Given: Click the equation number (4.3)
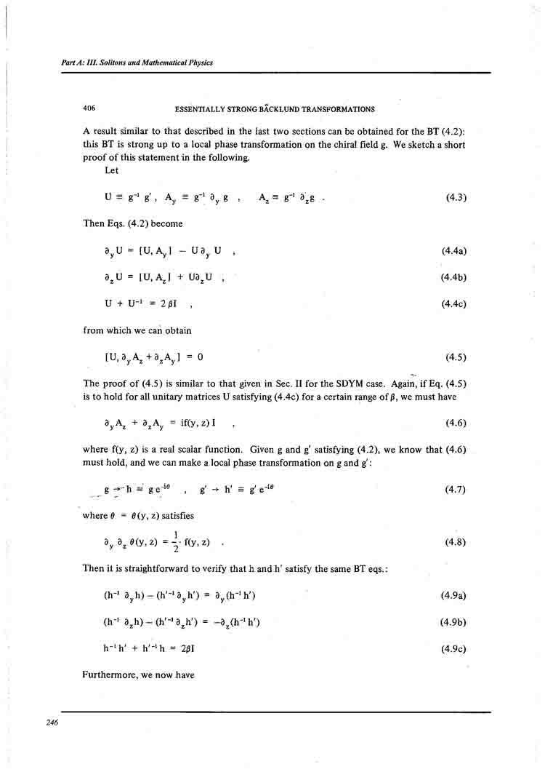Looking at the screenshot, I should [x=455, y=197].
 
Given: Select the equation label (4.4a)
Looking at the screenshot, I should [x=453, y=251].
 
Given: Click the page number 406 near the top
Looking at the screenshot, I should [x=89, y=109].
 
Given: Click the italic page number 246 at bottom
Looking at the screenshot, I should [x=51, y=722].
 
